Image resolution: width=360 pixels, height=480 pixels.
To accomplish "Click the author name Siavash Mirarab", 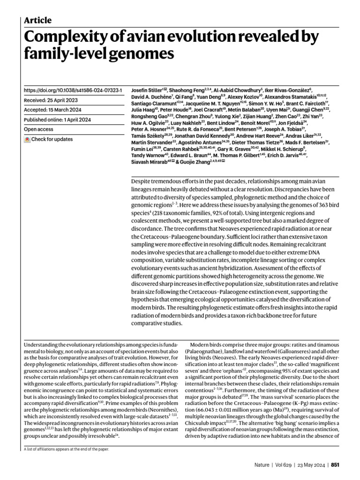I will pos(150,162).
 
